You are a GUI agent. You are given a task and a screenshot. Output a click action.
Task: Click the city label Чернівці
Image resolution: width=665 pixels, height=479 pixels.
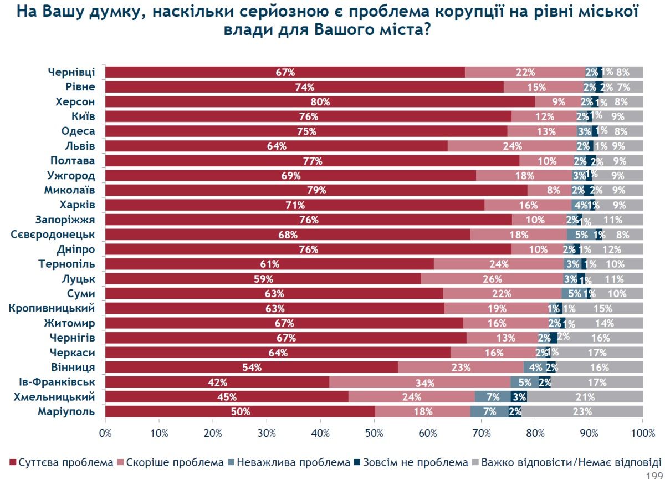coord(71,72)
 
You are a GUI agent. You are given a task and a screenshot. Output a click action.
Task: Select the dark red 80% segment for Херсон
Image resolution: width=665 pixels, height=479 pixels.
coord(320,101)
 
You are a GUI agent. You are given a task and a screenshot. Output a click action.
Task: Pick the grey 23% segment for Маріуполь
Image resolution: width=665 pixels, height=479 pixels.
coord(582,411)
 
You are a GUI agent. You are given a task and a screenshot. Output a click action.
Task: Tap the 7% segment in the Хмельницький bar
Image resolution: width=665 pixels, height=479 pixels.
coord(493,397)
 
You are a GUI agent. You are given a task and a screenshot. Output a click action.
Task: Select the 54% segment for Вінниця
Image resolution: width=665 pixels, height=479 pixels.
coord(252,367)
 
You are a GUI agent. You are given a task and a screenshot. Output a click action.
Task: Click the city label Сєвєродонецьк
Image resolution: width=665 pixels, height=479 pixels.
coord(53,234)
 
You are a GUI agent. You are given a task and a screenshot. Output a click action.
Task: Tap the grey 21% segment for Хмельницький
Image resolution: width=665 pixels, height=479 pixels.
coord(585,397)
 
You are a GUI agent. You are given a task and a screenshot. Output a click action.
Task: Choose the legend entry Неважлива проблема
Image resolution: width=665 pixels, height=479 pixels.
coord(287,462)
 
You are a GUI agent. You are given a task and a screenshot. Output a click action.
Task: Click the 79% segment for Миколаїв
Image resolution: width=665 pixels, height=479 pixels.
coord(316,190)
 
